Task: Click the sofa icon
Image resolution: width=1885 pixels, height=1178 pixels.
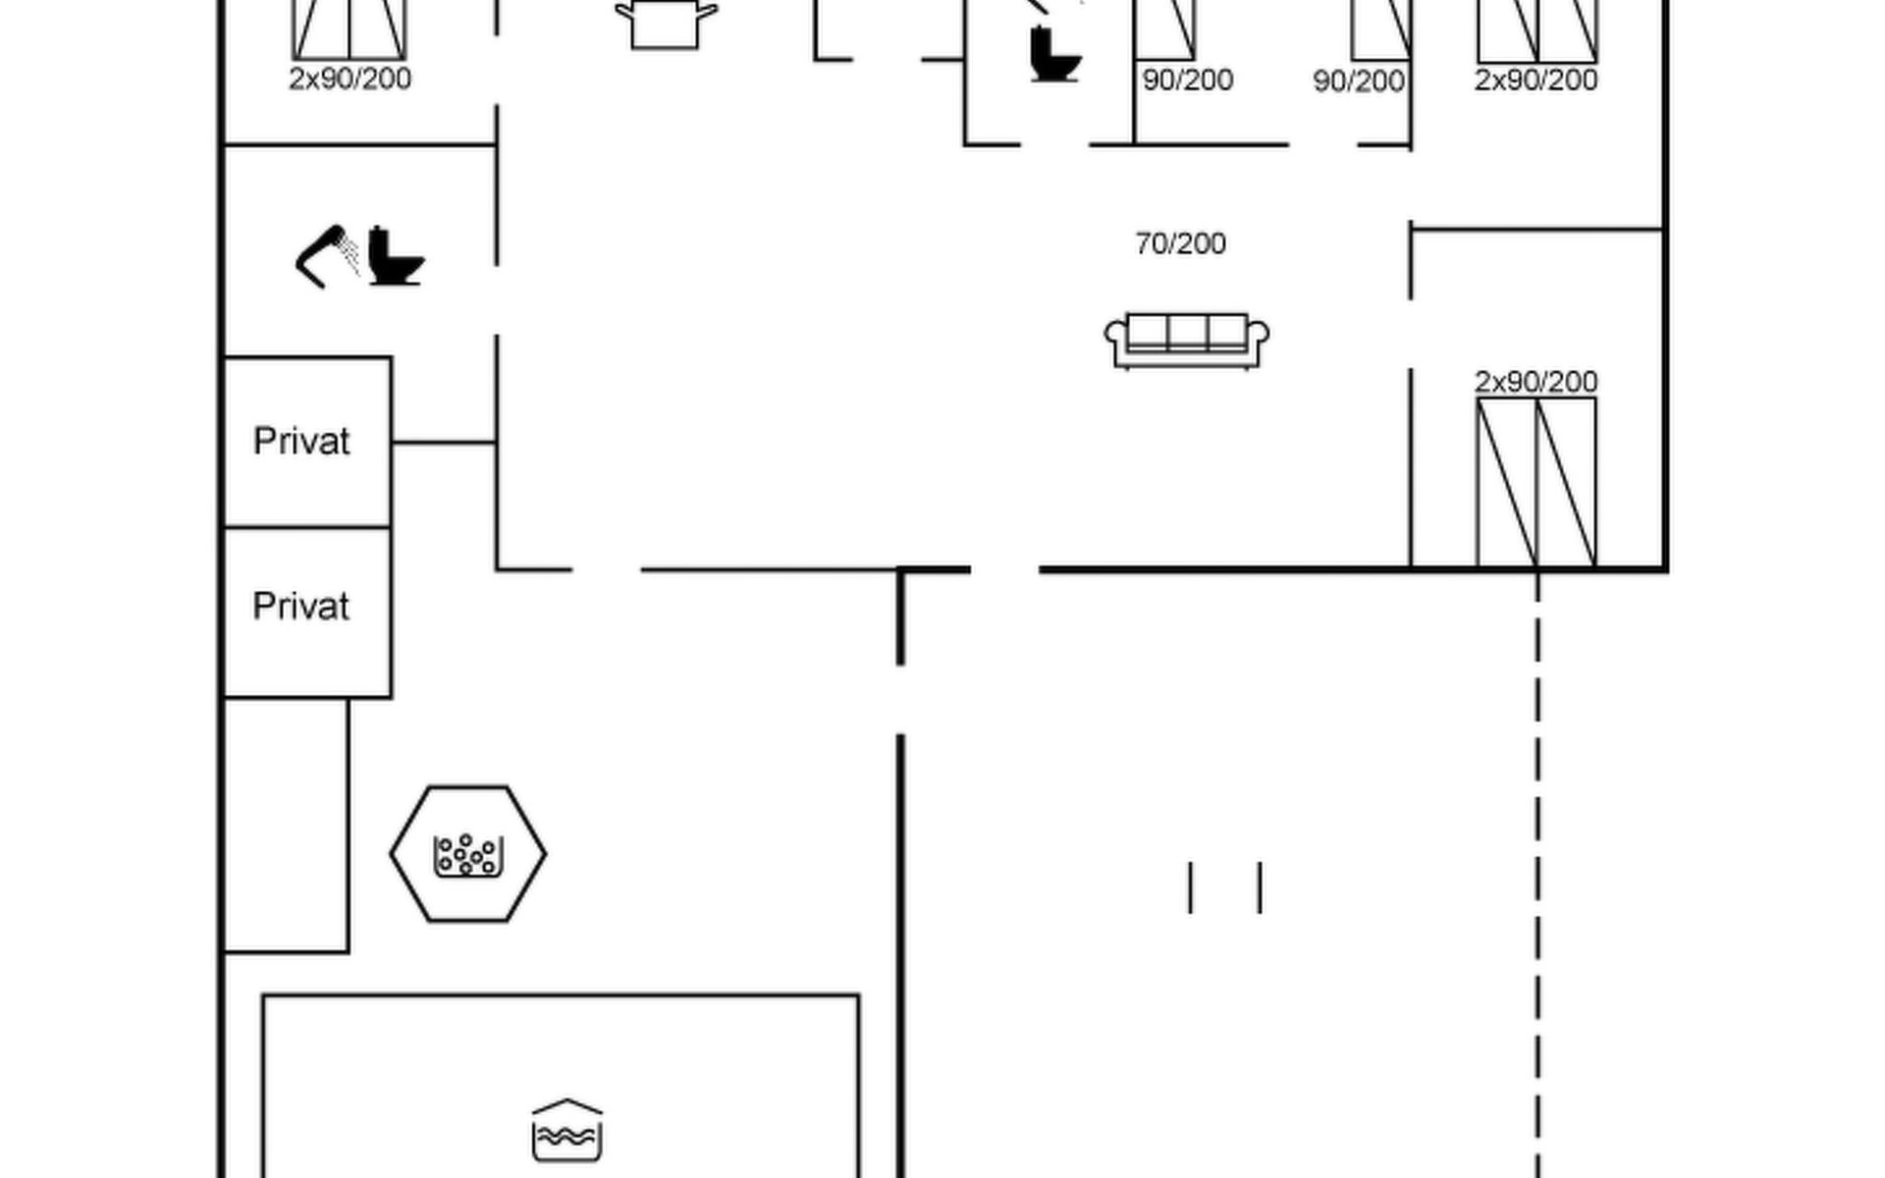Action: [x=1186, y=341]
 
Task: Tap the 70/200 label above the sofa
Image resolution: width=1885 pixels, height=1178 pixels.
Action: [x=1180, y=243]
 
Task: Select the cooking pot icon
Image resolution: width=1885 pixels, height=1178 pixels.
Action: [x=666, y=24]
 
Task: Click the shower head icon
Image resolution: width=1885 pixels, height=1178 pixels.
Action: [x=328, y=257]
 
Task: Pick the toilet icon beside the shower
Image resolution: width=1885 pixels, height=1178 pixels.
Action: [x=396, y=256]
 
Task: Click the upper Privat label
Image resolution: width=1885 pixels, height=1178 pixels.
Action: [x=301, y=442]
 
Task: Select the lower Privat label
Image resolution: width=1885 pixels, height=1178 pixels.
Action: [x=301, y=607]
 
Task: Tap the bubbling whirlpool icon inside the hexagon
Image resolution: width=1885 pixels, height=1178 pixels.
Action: [x=468, y=855]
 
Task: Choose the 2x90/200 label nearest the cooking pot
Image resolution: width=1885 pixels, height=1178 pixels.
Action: [x=350, y=79]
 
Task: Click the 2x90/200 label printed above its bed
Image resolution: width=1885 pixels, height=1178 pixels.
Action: [x=1536, y=381]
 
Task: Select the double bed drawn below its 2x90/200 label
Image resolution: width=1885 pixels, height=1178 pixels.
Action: [x=1536, y=482]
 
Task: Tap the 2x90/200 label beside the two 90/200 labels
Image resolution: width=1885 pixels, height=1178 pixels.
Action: [x=1536, y=80]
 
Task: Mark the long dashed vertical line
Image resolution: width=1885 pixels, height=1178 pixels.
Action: [x=1537, y=874]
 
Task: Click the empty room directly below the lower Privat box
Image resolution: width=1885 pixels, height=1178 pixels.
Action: [x=286, y=825]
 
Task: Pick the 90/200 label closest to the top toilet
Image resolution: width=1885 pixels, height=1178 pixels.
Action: [x=1188, y=80]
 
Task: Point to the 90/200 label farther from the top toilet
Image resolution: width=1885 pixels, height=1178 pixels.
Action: [x=1359, y=80]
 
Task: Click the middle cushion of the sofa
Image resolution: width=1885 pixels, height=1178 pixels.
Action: [x=1187, y=333]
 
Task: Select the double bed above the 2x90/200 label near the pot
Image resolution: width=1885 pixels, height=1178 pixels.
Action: [x=350, y=29]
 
